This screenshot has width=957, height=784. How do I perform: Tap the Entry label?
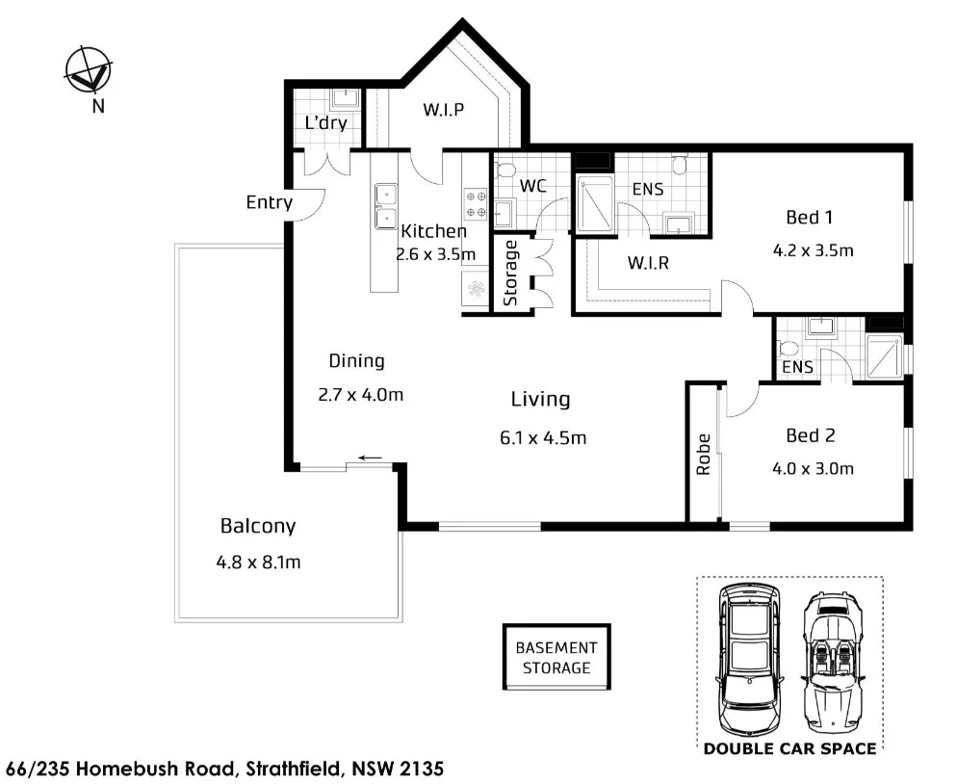269,202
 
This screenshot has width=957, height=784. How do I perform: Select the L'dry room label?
325,123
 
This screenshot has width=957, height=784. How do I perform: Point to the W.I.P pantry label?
443,109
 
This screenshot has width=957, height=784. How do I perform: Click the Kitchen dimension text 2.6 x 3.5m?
435,254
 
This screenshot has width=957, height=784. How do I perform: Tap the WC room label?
532,185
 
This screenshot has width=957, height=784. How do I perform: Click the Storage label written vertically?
510,273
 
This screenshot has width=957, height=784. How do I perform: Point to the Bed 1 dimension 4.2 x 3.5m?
814,250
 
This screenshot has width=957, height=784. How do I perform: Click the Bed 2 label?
810,435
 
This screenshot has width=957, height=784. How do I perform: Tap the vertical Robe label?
703,454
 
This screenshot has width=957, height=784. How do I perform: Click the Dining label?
356,361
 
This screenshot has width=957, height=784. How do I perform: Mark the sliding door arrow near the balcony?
371,457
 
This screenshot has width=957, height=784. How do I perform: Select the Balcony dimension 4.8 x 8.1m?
258,562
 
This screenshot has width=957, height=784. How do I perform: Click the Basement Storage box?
556,658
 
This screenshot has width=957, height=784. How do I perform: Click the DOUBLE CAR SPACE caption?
789,748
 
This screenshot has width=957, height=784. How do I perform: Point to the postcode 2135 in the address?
422,770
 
